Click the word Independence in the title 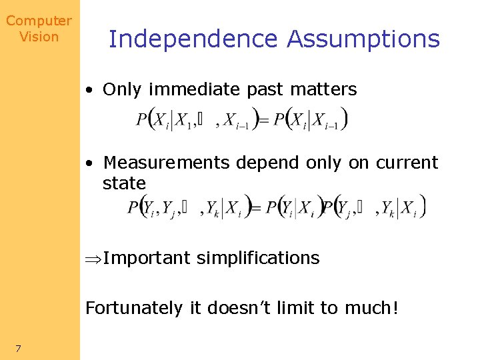coord(193,39)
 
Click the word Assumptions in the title coord(363,39)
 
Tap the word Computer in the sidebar coord(39,21)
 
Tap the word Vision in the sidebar coord(39,37)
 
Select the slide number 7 coord(19,347)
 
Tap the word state coord(124,183)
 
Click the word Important coord(147,258)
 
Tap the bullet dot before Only coord(89,90)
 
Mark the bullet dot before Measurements coord(89,163)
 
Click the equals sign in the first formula coord(263,121)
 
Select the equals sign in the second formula coord(254,209)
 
